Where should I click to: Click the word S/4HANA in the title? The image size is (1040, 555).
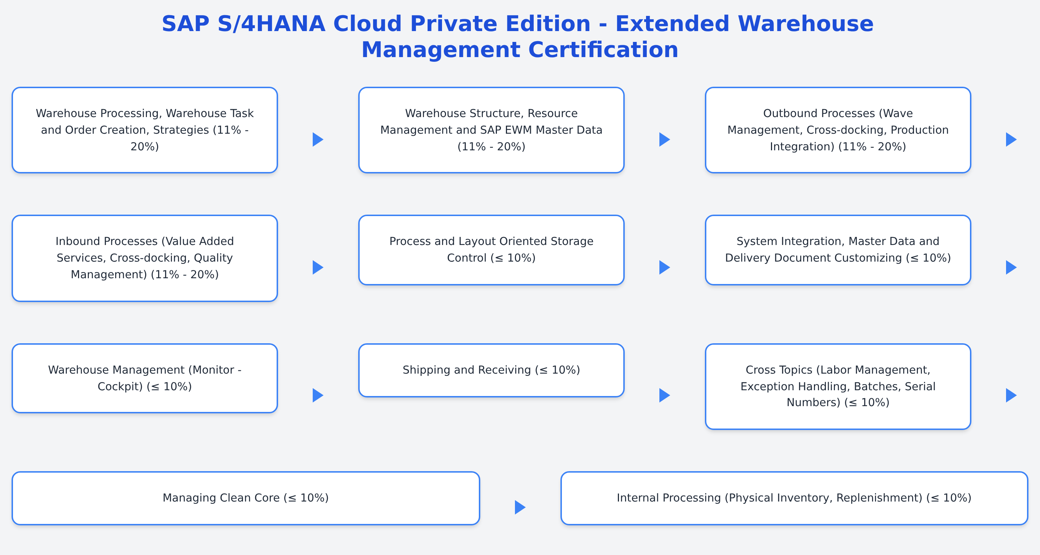(x=271, y=23)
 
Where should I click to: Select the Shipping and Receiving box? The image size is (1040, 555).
(x=491, y=370)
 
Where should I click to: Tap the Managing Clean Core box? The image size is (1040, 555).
(x=246, y=498)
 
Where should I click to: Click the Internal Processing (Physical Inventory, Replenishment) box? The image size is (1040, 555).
(x=794, y=498)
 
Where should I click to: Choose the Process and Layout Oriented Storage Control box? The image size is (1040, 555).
(x=491, y=250)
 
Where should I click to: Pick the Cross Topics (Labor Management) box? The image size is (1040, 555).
(x=838, y=386)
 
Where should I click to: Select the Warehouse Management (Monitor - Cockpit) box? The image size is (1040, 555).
(x=144, y=378)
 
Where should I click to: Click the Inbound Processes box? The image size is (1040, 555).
(x=144, y=258)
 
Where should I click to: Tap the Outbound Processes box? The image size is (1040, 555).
(x=838, y=130)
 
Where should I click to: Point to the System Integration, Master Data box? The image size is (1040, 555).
(x=838, y=250)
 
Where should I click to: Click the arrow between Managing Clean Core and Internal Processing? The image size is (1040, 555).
(x=520, y=507)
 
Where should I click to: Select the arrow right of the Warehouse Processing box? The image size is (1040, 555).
(x=318, y=139)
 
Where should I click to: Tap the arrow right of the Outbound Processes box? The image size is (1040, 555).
(x=1010, y=139)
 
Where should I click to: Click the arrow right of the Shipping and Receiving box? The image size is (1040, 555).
(x=664, y=395)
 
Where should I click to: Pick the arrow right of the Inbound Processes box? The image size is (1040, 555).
(x=318, y=267)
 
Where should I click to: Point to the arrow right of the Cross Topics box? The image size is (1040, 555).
(x=1010, y=395)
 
